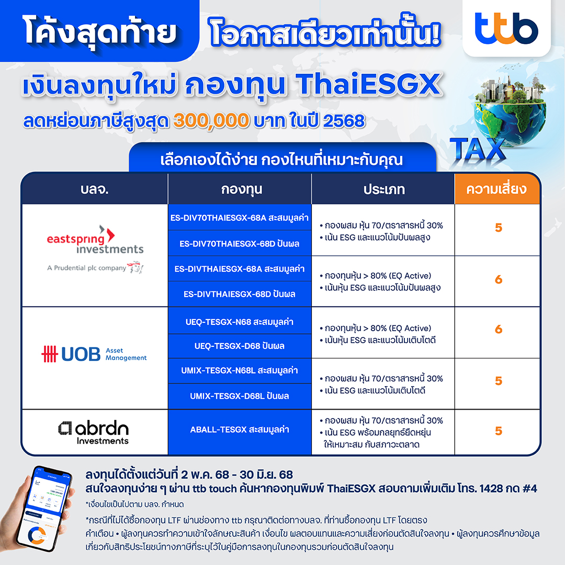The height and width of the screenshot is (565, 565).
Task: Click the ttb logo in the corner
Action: point(506,28)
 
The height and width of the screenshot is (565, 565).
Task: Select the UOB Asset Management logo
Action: point(94,354)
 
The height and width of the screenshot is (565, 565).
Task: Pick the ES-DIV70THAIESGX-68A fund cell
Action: point(240,218)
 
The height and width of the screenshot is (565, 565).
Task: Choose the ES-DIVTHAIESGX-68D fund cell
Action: point(240,294)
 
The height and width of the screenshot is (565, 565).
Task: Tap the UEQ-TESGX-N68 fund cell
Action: point(240,321)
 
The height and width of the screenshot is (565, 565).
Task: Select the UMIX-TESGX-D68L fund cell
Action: point(240,396)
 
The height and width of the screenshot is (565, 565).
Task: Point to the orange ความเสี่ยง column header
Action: point(497,189)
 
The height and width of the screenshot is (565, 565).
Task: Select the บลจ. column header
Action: point(95,189)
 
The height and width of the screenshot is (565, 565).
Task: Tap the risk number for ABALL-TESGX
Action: point(499,431)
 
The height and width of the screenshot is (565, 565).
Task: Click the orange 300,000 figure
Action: point(211,120)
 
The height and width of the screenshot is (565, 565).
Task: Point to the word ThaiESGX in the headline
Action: point(369,84)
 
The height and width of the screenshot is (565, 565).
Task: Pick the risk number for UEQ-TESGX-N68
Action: point(499,329)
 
